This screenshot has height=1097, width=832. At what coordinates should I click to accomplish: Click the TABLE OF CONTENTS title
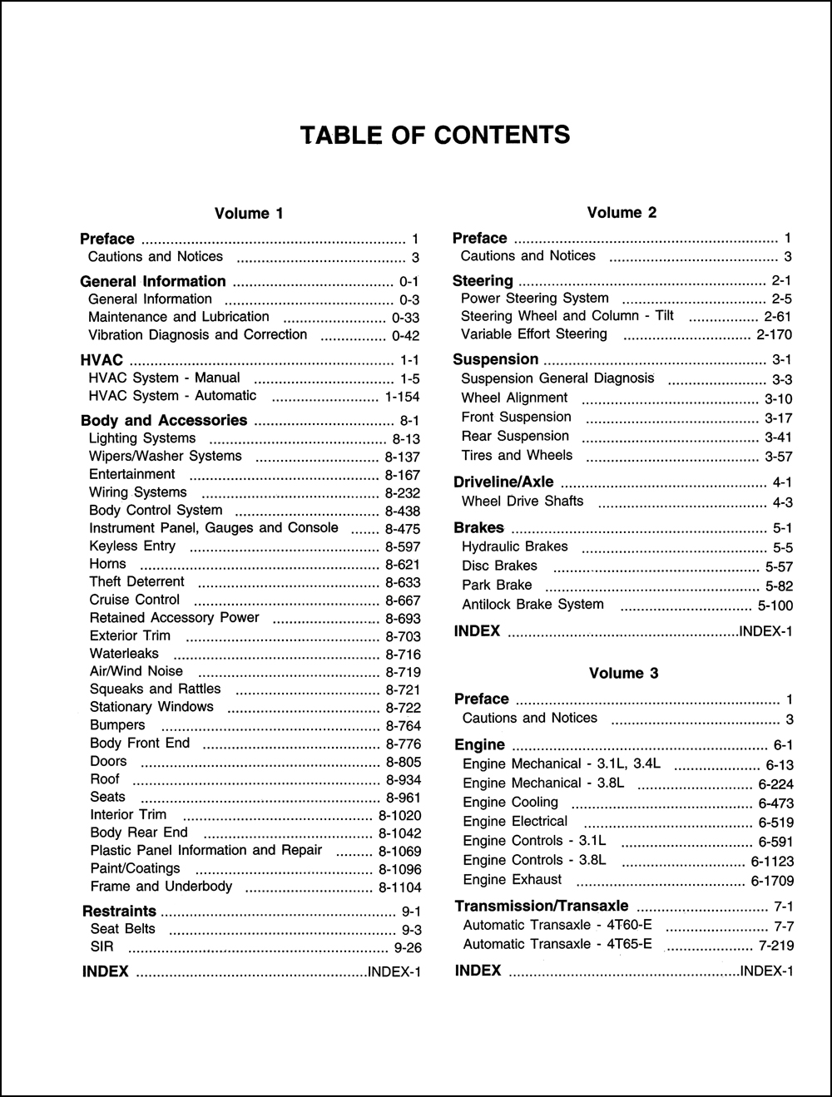tap(435, 135)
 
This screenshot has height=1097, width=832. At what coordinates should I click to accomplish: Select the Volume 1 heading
tap(249, 214)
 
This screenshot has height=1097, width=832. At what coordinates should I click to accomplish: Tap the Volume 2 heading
tap(622, 213)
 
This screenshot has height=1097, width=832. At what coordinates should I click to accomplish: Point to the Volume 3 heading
tap(623, 674)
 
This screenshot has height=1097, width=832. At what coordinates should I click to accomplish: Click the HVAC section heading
tap(102, 360)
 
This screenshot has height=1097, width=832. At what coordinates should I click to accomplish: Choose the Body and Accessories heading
tap(164, 421)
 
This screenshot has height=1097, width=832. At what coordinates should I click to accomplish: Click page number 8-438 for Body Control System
tap(403, 511)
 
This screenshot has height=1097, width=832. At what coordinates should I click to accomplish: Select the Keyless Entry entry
tap(132, 546)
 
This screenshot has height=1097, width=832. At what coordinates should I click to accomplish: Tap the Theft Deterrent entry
tap(136, 582)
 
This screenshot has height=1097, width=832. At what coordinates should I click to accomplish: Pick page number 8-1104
tap(399, 887)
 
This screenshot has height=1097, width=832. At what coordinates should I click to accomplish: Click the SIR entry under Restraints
tap(102, 946)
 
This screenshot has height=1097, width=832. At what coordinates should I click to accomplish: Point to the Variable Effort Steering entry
tap(534, 334)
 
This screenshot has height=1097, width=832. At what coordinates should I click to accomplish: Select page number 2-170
tap(774, 335)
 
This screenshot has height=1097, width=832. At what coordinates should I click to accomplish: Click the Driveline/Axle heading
tap(503, 482)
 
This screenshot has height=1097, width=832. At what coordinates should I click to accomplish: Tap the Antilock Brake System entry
tap(532, 605)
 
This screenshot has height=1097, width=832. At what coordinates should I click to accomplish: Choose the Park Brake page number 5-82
tap(779, 586)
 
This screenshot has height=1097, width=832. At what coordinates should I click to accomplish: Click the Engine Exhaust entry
tap(512, 880)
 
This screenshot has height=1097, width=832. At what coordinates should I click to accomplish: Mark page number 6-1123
tap(772, 862)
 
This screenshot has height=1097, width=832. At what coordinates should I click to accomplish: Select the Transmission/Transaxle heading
tap(542, 906)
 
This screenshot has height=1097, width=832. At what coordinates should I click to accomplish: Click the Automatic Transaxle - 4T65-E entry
tap(557, 945)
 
